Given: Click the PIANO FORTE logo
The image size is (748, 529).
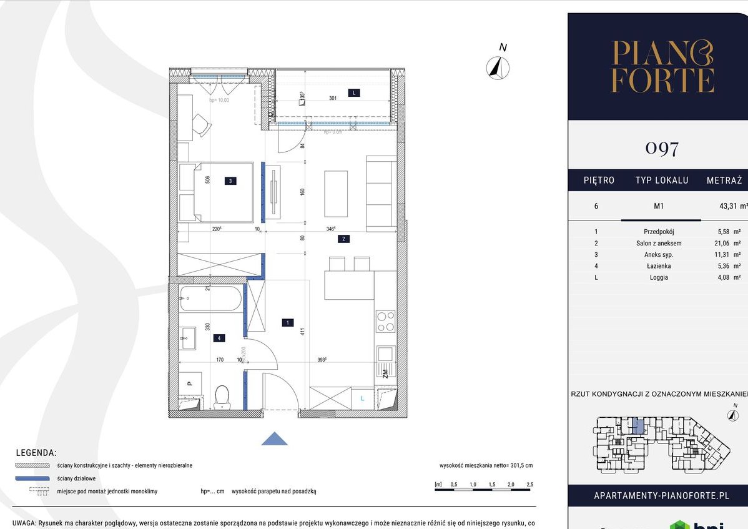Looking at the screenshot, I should tap(662, 67).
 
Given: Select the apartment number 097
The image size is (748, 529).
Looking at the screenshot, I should tap(662, 149).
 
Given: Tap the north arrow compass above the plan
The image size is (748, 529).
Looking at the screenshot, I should tap(498, 67).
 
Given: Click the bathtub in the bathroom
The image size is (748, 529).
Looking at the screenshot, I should tap(209, 299).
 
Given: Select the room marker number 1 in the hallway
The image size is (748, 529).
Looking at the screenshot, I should tap(287, 323).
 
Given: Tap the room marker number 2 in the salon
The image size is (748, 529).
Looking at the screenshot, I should tap(343, 238).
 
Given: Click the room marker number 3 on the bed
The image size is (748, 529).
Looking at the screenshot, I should tap(230, 181).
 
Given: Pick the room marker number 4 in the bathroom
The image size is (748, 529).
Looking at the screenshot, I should tap(219, 338).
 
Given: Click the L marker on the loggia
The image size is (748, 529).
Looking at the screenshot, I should tap(354, 93).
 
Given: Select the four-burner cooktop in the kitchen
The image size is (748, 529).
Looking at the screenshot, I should tap(385, 321).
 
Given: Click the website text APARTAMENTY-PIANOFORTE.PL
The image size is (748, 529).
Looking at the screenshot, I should tap(661, 496).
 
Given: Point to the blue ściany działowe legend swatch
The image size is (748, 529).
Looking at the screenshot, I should tap(31, 478).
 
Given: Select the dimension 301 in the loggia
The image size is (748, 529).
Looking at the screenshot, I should tap(333, 97).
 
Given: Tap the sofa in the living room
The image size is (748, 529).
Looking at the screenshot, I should tap(381, 194).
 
